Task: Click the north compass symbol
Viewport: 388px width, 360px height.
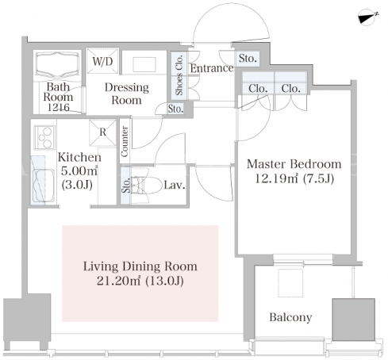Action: tap(367, 17)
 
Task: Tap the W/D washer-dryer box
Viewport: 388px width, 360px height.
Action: tap(102, 61)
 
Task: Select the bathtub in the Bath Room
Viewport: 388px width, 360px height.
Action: tap(58, 64)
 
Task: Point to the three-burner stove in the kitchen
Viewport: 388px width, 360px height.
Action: tap(45, 137)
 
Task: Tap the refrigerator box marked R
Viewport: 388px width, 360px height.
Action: tap(102, 132)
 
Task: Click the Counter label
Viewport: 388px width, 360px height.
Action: tap(125, 141)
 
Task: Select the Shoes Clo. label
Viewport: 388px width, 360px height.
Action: tap(179, 75)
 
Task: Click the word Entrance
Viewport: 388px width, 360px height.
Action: tap(212, 68)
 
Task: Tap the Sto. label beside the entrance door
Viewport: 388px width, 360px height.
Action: tap(248, 58)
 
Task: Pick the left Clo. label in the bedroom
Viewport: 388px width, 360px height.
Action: tap(258, 89)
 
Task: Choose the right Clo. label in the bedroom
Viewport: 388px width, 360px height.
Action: tap(290, 89)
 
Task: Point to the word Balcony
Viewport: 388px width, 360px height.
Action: tap(290, 317)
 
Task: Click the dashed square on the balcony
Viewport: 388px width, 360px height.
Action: tap(290, 283)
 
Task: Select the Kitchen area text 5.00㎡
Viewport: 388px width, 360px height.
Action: tap(79, 171)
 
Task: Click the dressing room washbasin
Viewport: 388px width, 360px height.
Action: tap(144, 64)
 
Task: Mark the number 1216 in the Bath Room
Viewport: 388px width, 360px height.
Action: tap(58, 107)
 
